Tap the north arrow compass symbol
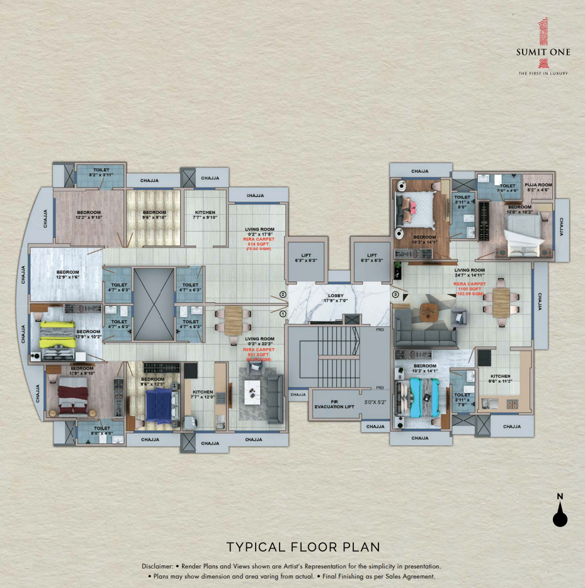[x=560, y=511]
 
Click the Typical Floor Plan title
[x=303, y=546]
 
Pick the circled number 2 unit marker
[x=283, y=295]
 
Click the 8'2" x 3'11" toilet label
[x=101, y=173]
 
